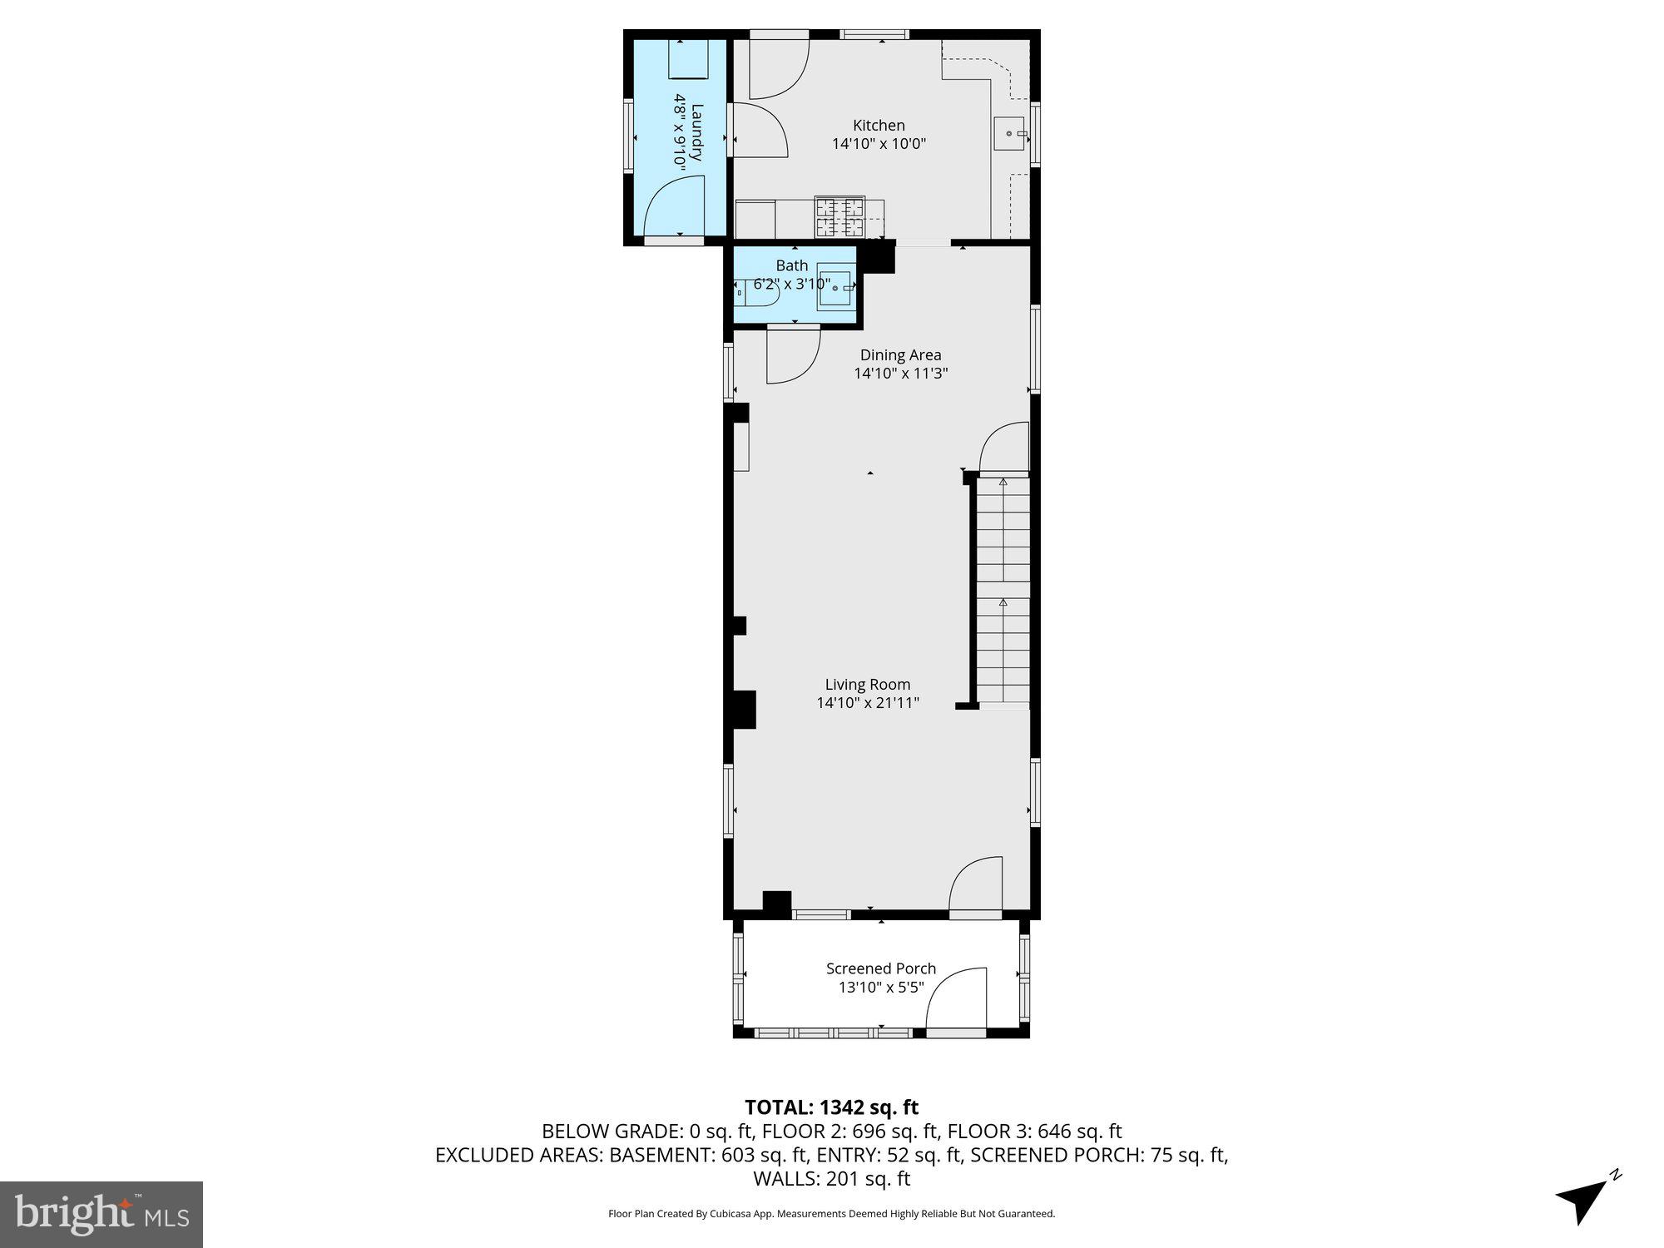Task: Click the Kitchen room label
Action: tap(879, 126)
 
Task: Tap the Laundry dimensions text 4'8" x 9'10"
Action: tap(681, 133)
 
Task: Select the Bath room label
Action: tap(791, 265)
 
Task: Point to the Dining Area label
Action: tap(900, 355)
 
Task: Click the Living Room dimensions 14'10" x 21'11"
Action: tap(868, 703)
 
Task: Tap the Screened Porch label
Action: tap(881, 968)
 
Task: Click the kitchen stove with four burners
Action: tap(839, 217)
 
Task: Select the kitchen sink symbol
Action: tap(1010, 134)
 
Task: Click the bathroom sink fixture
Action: tap(834, 288)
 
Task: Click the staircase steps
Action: tap(1003, 591)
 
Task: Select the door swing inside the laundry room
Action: tap(676, 208)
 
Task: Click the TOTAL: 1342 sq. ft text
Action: tap(831, 1107)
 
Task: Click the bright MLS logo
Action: tap(102, 1215)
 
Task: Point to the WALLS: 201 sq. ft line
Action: tap(831, 1178)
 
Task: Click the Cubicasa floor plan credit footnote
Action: tap(831, 1214)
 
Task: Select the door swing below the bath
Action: tap(791, 356)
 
